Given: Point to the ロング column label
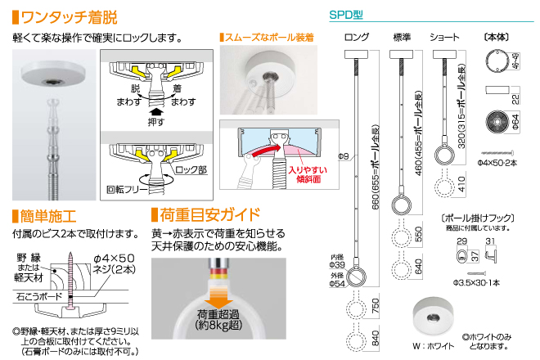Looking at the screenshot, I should tap(358, 37).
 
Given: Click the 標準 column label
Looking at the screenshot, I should tap(402, 37).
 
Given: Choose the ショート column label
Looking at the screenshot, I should tap(444, 37).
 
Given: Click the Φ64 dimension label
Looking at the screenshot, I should tap(516, 124).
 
